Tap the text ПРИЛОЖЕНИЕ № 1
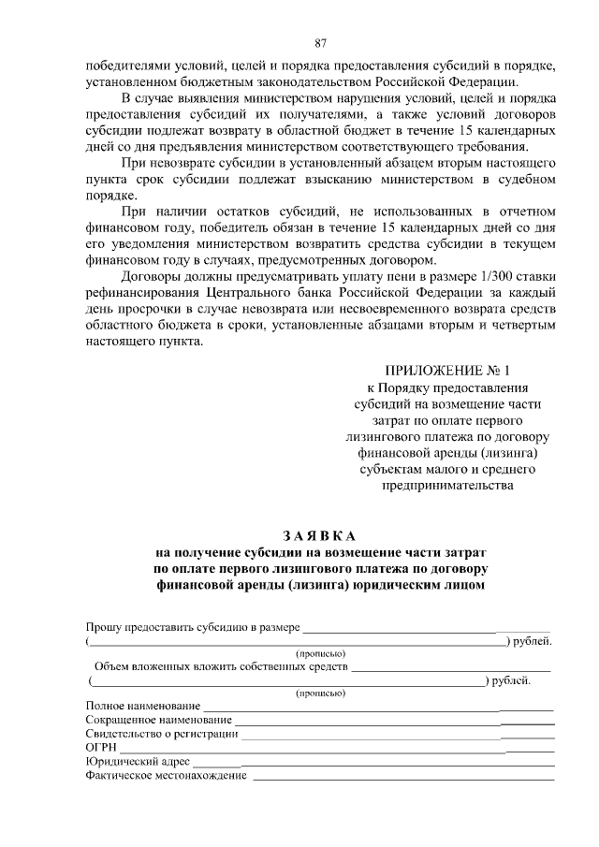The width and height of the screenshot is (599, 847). tap(448, 371)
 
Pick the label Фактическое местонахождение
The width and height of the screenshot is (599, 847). tap(166, 776)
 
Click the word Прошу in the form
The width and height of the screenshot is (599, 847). tap(103, 626)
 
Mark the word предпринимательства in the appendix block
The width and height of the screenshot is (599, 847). tap(447, 486)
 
